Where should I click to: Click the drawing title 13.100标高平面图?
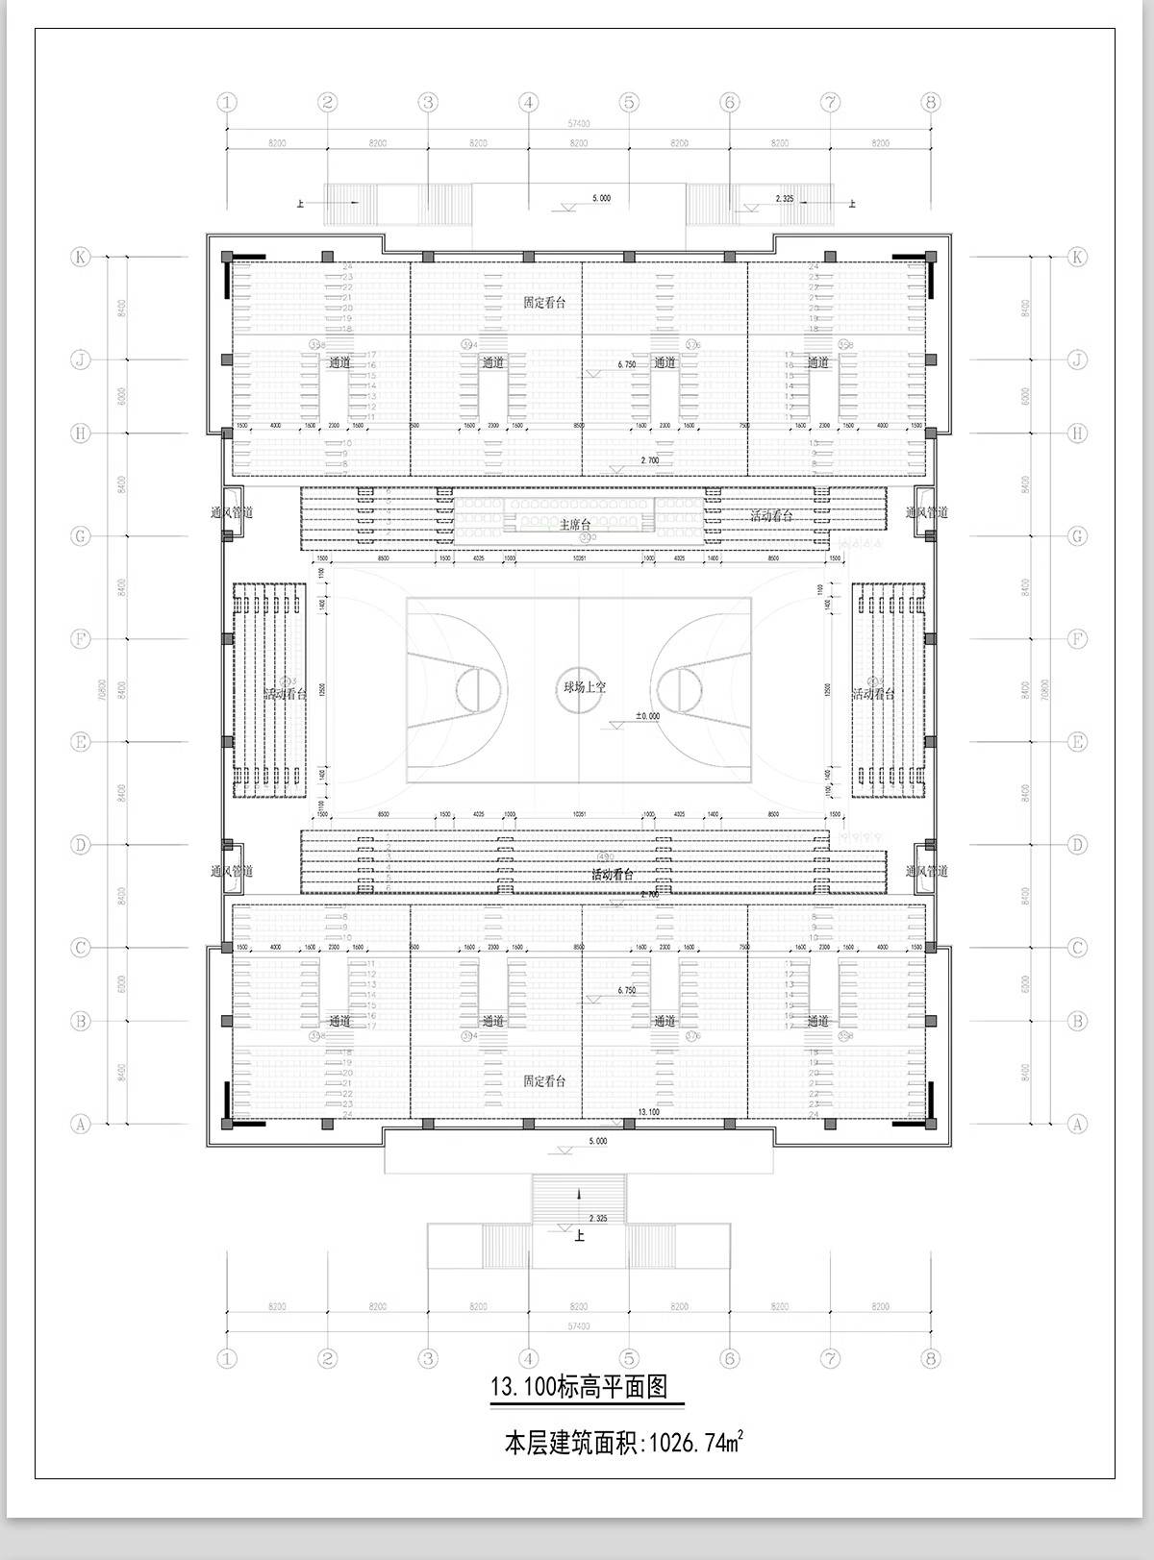[x=579, y=1386]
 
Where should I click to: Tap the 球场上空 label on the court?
[x=585, y=687]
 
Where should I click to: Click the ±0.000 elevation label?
[x=646, y=716]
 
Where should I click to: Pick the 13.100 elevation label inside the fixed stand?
[x=648, y=1111]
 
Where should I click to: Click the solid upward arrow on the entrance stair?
[x=579, y=1194]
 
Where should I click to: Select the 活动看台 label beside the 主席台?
[x=772, y=516]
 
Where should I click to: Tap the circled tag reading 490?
[x=605, y=856]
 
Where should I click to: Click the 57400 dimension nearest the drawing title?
[x=578, y=1326]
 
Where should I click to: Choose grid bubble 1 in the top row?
[x=227, y=102]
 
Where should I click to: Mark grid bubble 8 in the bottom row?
[x=929, y=1358]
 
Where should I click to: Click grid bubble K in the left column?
[x=81, y=257]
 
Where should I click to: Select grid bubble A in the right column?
[x=1077, y=1124]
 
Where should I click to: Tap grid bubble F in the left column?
[x=81, y=638]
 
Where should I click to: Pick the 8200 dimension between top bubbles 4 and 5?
[x=578, y=143]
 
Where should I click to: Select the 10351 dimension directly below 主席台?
[x=579, y=557]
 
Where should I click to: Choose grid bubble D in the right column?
[x=1077, y=845]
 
